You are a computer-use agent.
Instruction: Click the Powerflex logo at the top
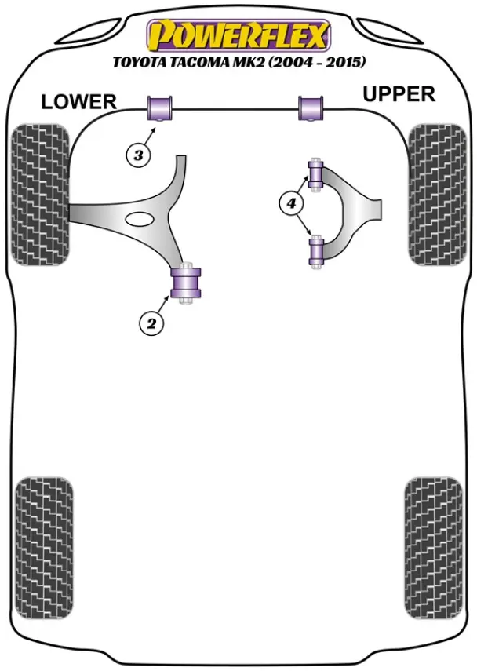point(238,36)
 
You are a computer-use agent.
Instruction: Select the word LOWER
point(79,102)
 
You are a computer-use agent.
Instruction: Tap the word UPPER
point(399,94)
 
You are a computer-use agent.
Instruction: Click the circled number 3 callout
point(138,155)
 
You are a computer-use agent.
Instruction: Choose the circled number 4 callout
point(292,203)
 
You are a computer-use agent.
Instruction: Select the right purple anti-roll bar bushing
point(311,108)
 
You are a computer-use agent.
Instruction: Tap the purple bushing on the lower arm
point(186,283)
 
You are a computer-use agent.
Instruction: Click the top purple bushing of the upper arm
point(315,174)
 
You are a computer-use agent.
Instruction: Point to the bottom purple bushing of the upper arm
point(315,252)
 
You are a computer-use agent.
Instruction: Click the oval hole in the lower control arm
point(139,219)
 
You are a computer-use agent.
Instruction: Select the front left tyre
point(39,195)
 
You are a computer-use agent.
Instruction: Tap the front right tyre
point(437,195)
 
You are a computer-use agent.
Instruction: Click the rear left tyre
point(44,548)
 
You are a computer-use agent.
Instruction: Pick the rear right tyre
point(433,548)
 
